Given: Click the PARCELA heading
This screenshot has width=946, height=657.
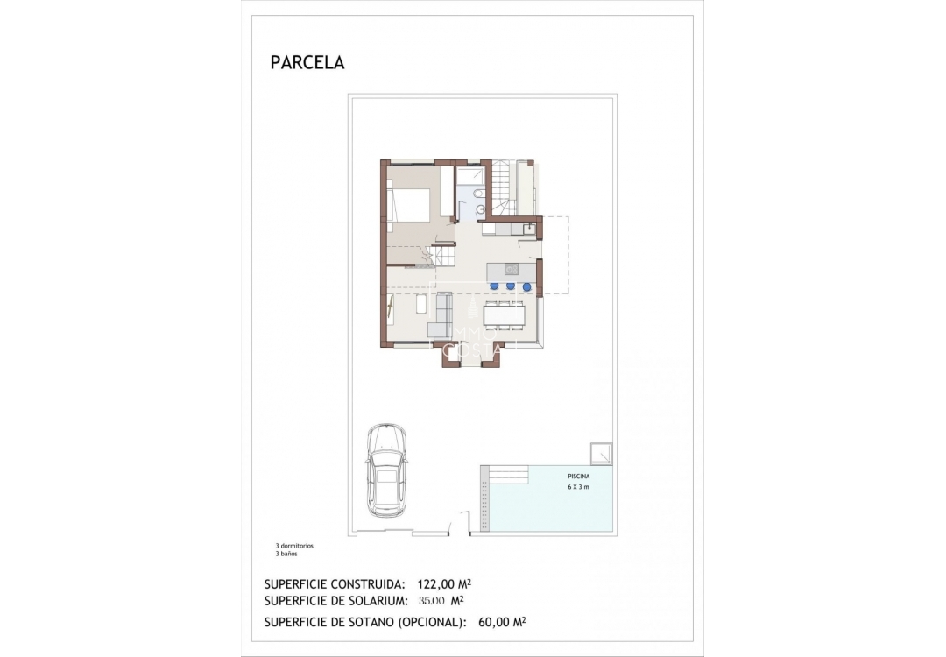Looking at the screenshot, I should coord(307,63).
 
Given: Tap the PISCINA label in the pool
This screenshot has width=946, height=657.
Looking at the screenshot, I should coord(578,477).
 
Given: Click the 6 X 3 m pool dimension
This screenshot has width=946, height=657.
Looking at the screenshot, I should coord(578,487).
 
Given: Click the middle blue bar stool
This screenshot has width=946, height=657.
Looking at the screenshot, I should coord(510,285).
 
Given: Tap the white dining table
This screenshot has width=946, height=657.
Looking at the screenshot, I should coord(505,314).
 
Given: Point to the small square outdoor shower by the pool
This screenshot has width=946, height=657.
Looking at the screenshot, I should coord(601,454).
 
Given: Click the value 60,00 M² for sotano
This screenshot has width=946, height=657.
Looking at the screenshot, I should coord(502,622).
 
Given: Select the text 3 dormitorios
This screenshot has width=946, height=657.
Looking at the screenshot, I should coord(294,546).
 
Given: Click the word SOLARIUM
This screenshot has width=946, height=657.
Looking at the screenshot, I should coord(377,601).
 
